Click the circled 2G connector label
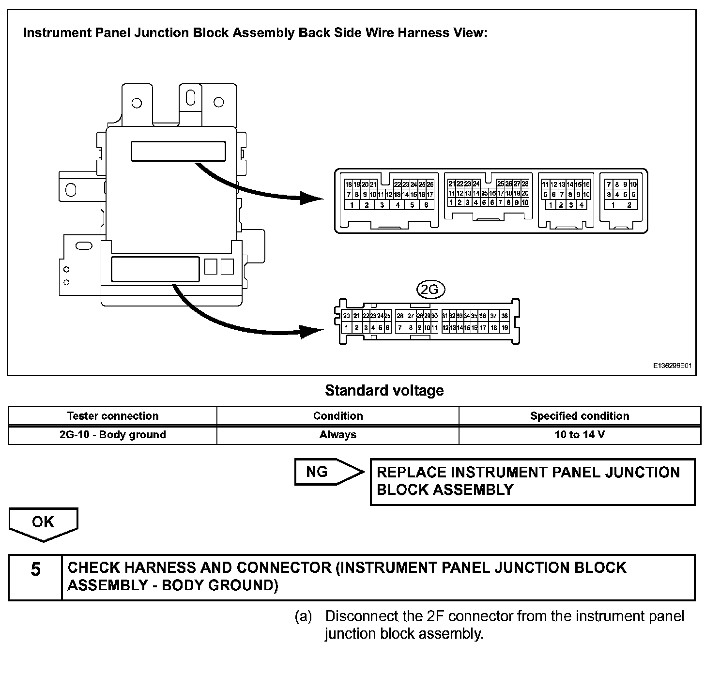click(x=430, y=290)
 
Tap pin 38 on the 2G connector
click(x=505, y=316)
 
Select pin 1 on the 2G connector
click(x=347, y=328)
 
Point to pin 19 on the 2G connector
click(x=505, y=328)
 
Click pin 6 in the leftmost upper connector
click(x=426, y=205)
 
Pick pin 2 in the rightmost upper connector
click(x=629, y=205)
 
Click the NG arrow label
click(x=318, y=472)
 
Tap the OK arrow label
click(x=43, y=522)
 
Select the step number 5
click(x=36, y=569)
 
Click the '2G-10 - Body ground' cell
click(x=113, y=434)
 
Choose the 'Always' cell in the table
click(x=338, y=434)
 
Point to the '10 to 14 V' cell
click(x=580, y=434)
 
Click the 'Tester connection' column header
click(x=113, y=416)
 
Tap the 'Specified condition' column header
click(x=580, y=416)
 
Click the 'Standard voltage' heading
click(x=384, y=390)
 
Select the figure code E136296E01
click(x=672, y=367)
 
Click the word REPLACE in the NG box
click(x=412, y=473)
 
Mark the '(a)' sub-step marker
click(x=304, y=616)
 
